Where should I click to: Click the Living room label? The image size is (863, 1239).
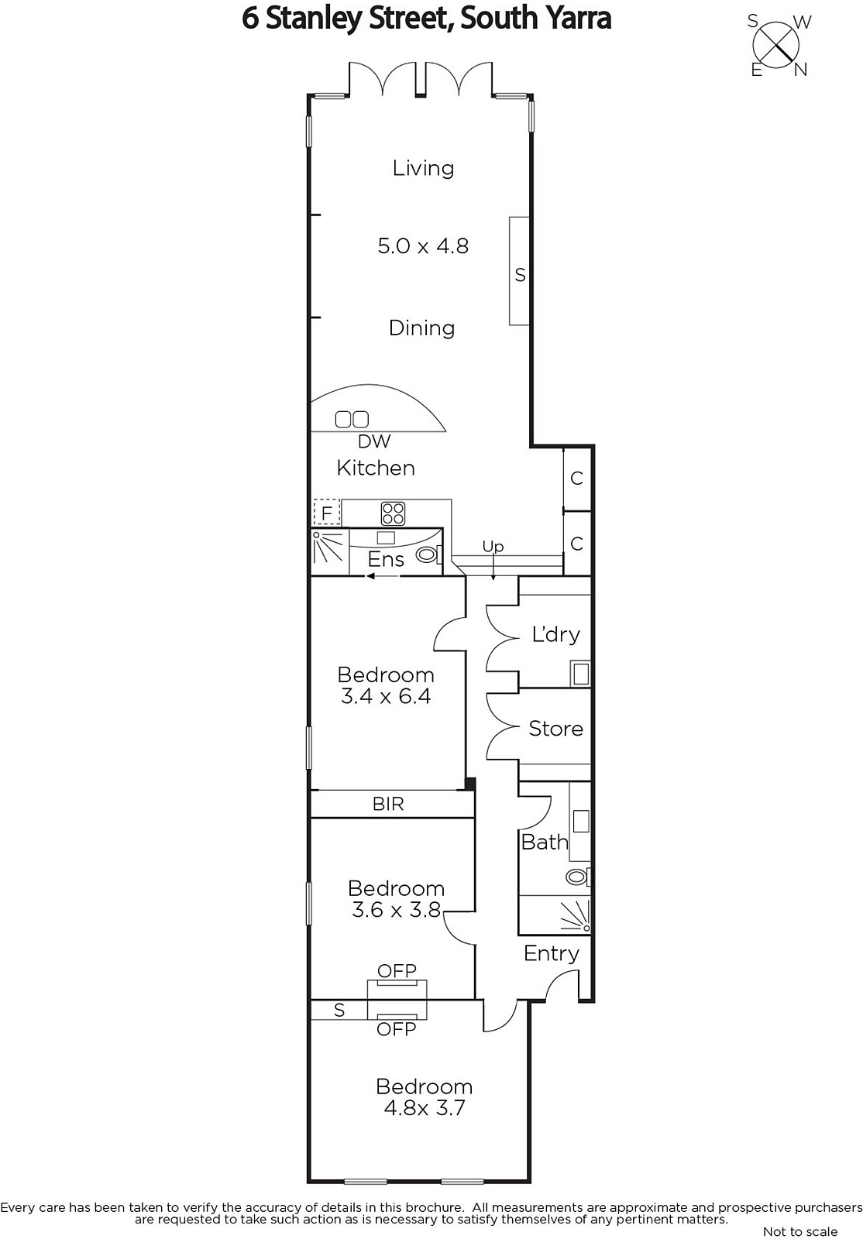[x=423, y=168]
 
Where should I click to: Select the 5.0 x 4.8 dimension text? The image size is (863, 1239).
[x=423, y=245]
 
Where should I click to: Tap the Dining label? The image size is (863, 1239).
[x=421, y=328]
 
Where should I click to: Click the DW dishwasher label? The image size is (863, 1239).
[x=374, y=441]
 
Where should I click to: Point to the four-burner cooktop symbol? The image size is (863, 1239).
[x=393, y=513]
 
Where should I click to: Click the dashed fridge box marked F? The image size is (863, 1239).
[x=326, y=513]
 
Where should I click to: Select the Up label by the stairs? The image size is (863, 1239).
[x=493, y=547]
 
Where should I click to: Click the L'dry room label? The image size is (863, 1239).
[x=555, y=634]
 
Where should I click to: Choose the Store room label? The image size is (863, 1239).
[x=556, y=729]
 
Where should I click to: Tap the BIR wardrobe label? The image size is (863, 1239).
[x=388, y=804]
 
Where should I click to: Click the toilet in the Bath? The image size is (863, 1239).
[x=578, y=877]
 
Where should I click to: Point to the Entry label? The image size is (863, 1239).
[x=552, y=953]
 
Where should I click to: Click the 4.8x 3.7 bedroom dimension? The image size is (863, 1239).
[x=425, y=1108]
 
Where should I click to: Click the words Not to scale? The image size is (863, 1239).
[x=800, y=1231]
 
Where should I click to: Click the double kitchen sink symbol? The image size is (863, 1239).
[x=352, y=420]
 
